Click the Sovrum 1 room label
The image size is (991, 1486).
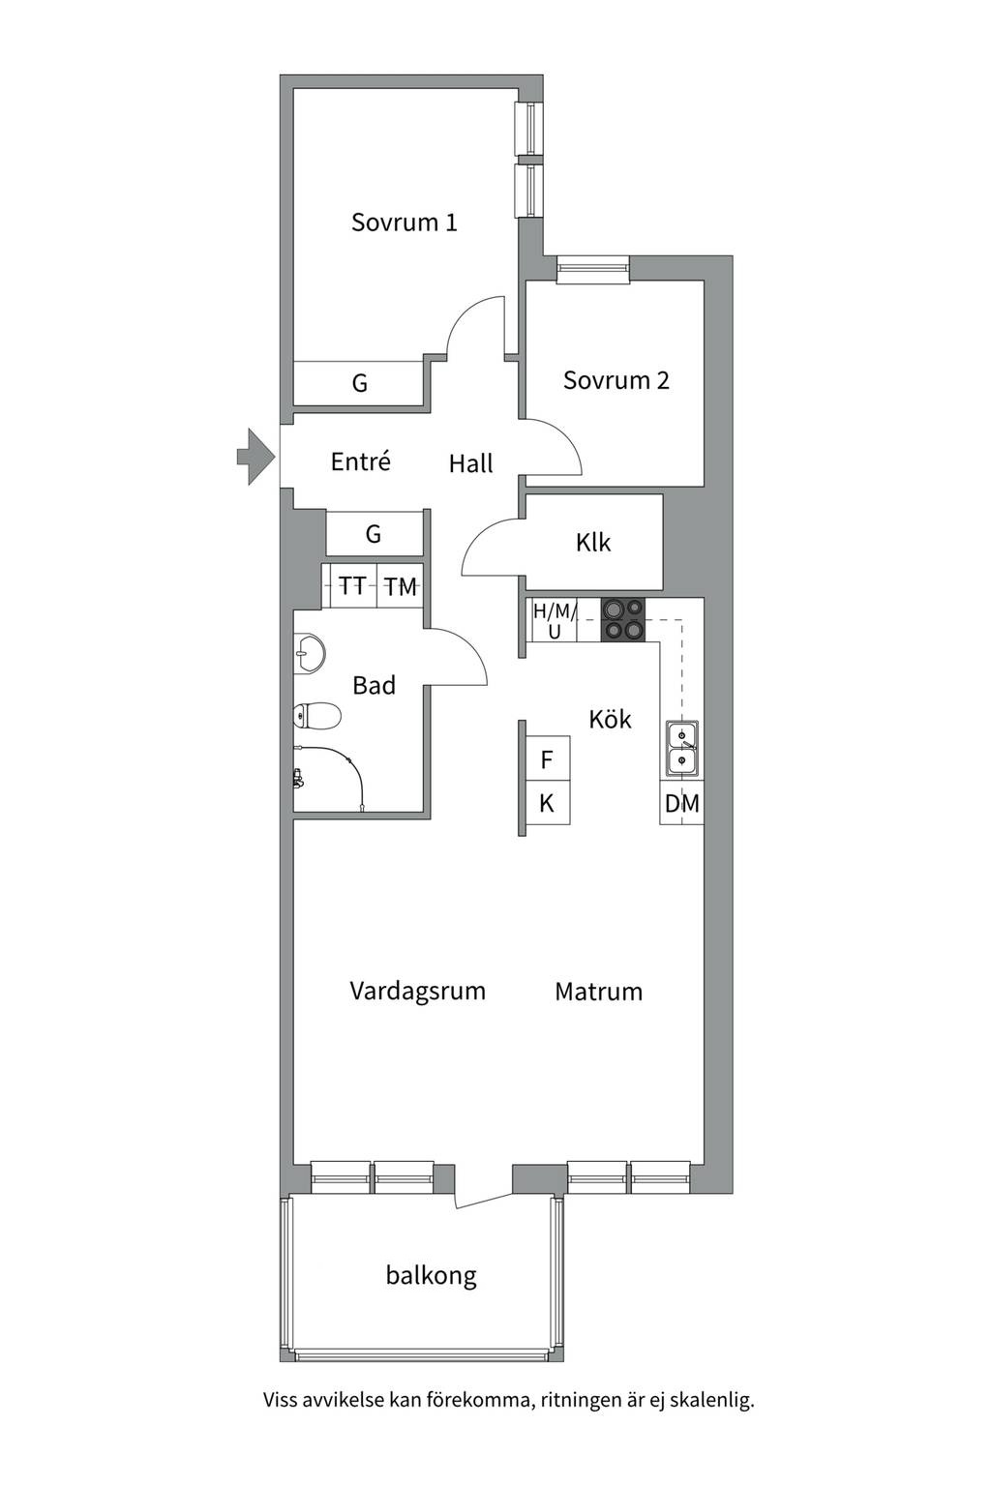click(x=404, y=223)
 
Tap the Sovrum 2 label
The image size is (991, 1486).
click(x=616, y=380)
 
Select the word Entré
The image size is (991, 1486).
click(x=360, y=461)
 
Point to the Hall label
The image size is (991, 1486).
click(x=470, y=464)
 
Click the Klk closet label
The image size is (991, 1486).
click(x=592, y=543)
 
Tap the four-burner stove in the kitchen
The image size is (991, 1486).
click(x=622, y=619)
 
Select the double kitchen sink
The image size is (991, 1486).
click(x=682, y=749)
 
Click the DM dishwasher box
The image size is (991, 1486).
click(x=681, y=803)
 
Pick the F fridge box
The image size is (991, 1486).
click(x=547, y=760)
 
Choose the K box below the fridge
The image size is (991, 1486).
click(x=547, y=803)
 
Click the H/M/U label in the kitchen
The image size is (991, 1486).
click(x=555, y=621)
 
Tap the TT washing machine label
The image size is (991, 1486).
click(x=352, y=586)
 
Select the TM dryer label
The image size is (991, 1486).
click(x=400, y=586)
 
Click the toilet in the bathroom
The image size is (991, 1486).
click(x=316, y=716)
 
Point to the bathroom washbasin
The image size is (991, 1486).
click(x=309, y=654)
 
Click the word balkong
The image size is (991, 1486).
click(x=431, y=1275)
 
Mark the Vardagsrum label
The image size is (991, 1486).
click(x=417, y=991)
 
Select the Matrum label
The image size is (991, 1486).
click(x=598, y=992)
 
